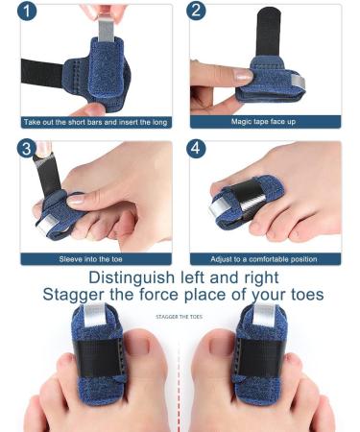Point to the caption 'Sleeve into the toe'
(95, 258)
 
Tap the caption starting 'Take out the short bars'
(95, 122)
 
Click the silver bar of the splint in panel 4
(250, 198)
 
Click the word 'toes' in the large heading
(297, 295)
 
